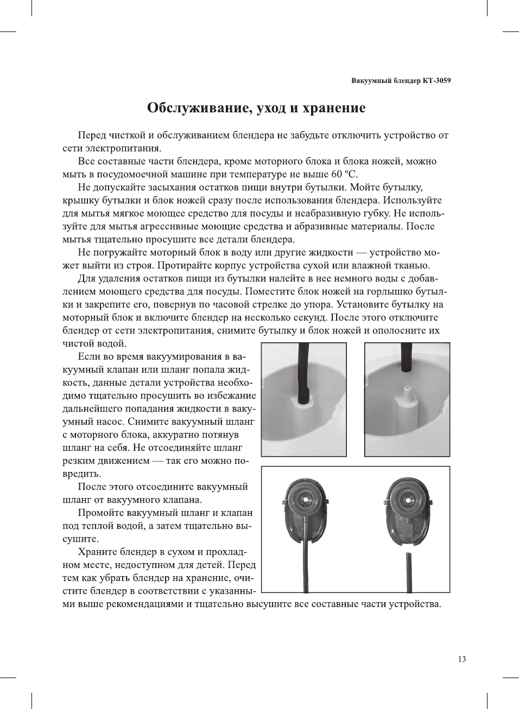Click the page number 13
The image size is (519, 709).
coord(461,659)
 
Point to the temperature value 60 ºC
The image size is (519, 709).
coord(344,174)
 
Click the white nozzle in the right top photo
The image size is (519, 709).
coord(407,394)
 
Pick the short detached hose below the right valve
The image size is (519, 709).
coord(409,572)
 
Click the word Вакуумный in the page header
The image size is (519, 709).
coord(370,81)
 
